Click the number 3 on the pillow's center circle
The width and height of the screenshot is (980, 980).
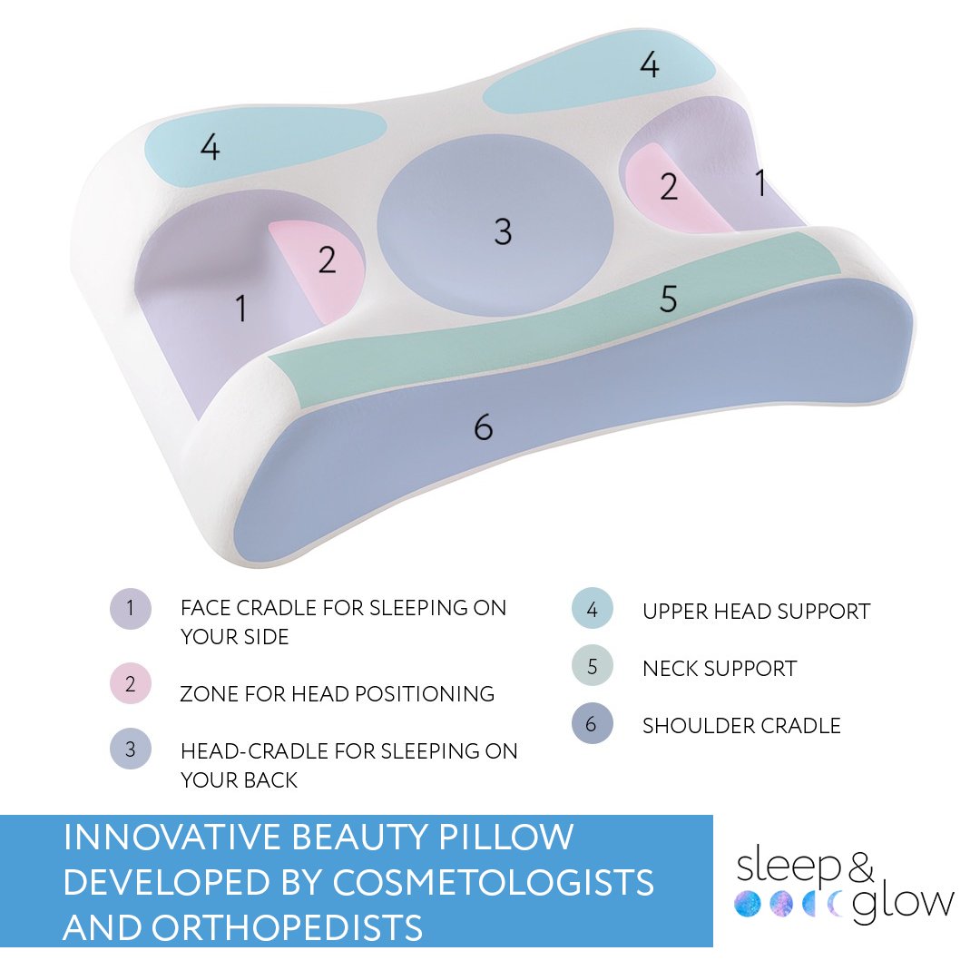[503, 231]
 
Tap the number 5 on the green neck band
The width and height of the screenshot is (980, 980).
[668, 299]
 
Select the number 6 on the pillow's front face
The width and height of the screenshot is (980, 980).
[484, 426]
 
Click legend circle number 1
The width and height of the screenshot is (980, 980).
[130, 608]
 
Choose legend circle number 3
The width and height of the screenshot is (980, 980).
[130, 750]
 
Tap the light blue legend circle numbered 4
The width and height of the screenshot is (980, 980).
[593, 610]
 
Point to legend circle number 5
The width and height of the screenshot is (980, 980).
[593, 667]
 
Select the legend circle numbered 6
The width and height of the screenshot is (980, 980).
[593, 724]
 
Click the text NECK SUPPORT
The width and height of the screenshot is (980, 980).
[719, 670]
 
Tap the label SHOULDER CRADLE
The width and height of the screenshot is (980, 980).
[741, 726]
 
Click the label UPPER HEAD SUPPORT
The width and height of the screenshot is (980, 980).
[756, 612]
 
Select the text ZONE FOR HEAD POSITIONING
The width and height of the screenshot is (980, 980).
[337, 695]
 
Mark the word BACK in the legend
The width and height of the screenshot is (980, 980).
[268, 779]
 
